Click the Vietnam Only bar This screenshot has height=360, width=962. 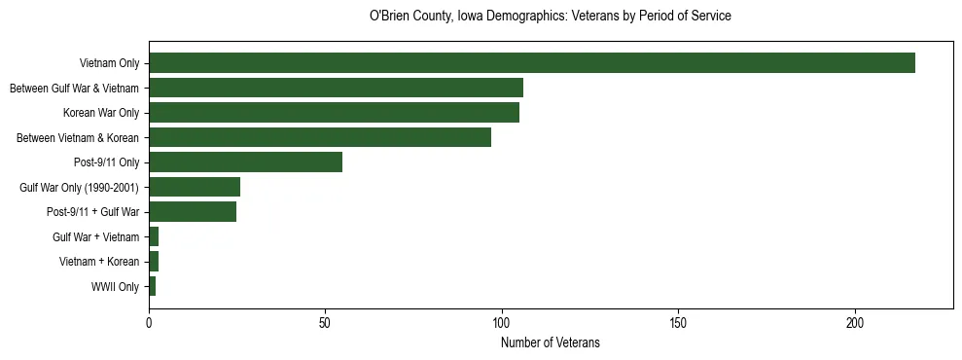532,63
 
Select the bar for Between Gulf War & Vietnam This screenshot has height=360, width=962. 336,89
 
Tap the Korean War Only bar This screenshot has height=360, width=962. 334,113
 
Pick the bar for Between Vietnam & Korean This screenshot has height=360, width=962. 320,138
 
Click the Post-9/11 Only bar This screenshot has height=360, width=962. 245,162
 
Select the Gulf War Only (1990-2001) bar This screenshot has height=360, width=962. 195,188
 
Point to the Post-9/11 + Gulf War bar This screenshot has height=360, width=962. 193,212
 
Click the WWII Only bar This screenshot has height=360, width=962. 153,287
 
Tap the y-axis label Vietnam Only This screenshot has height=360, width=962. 110,64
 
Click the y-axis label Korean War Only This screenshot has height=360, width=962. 101,114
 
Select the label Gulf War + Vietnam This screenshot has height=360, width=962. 95,237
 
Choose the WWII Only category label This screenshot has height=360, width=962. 116,287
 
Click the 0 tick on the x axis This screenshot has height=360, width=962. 149,322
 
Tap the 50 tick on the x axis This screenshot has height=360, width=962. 326,322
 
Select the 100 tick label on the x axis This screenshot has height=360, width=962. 502,322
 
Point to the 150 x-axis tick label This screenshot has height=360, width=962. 679,322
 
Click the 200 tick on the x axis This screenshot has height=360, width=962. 855,322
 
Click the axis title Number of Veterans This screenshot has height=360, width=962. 551,342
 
